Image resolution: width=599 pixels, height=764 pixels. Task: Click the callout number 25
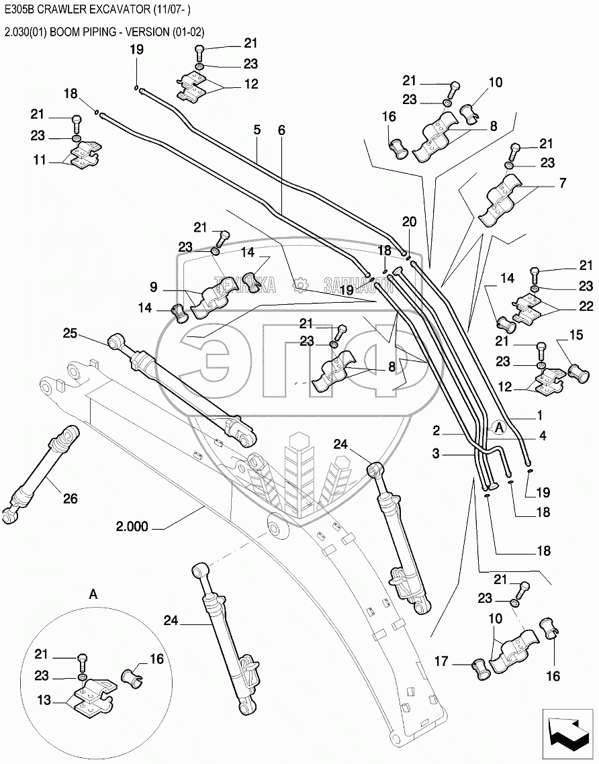(71, 333)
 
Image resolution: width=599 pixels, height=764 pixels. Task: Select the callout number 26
(70, 498)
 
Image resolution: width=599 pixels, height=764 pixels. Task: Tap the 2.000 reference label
(132, 526)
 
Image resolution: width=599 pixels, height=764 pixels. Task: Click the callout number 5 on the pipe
(257, 129)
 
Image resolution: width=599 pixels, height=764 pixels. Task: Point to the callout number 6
(281, 129)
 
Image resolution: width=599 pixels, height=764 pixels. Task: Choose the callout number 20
(409, 222)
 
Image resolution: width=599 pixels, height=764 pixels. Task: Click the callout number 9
(154, 287)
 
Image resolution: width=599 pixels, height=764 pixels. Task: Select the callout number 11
(40, 160)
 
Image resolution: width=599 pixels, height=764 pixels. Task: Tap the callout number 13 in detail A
(44, 700)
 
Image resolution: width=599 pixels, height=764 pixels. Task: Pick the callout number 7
(561, 183)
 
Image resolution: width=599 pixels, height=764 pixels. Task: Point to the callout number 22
(586, 306)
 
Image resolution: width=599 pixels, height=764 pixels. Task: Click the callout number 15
(576, 334)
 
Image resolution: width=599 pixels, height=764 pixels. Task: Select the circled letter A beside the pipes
(498, 426)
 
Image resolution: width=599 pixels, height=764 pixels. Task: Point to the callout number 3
(436, 454)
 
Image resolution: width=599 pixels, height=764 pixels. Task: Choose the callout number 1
(539, 415)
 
